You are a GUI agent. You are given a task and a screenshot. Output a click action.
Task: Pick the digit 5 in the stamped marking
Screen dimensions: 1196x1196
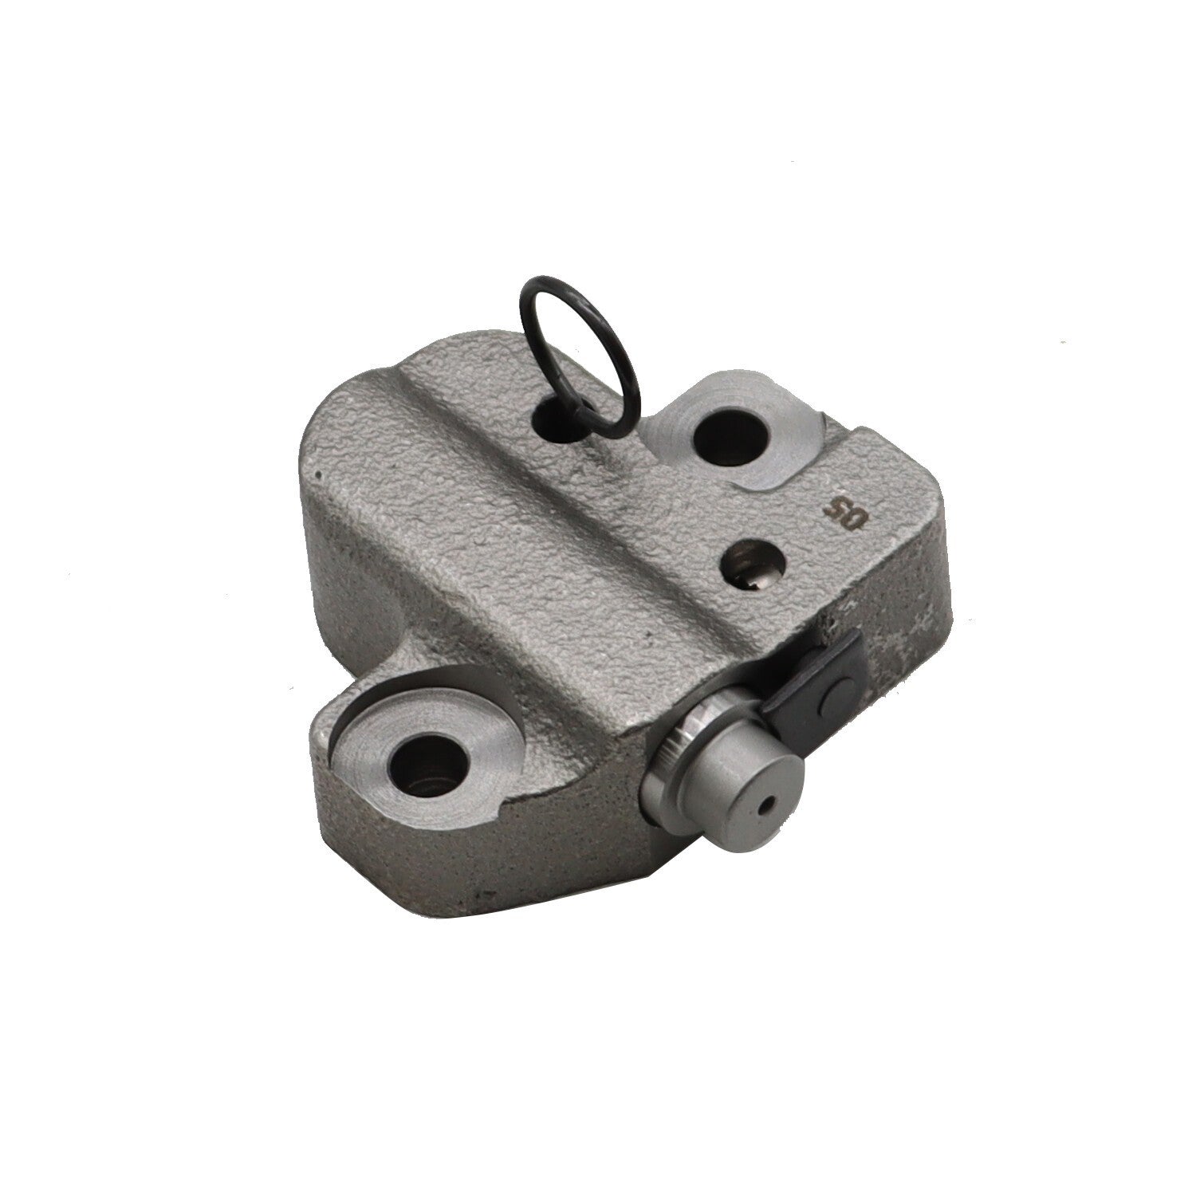836,506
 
